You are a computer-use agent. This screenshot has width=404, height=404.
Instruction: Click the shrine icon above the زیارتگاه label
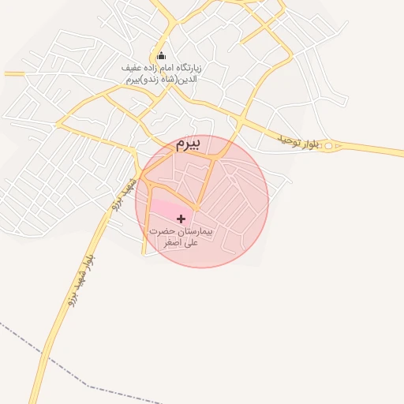pos(162,55)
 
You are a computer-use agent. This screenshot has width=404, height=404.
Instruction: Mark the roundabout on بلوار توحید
pos(329,146)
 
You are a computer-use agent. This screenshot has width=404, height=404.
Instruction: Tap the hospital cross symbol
pos(181,218)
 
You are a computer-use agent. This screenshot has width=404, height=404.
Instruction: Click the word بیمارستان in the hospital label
pos(196,233)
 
